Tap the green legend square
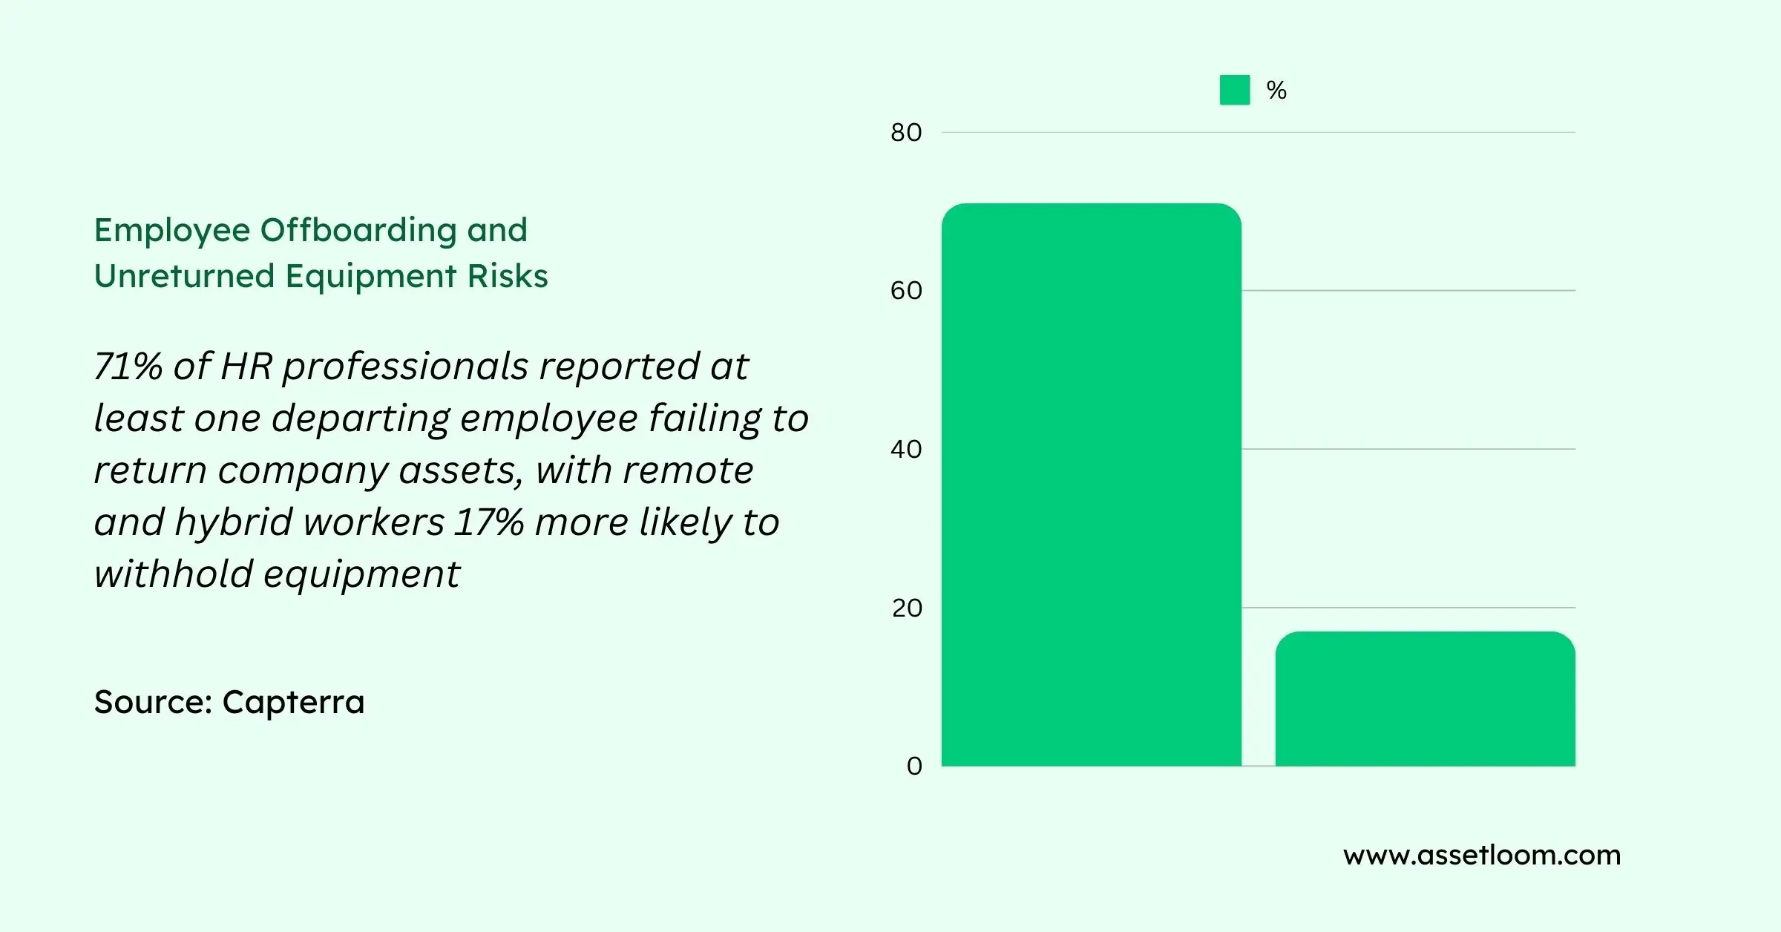(1234, 90)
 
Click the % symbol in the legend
(1276, 91)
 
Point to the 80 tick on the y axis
(906, 133)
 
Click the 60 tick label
(906, 291)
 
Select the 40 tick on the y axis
(906, 450)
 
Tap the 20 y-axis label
(907, 608)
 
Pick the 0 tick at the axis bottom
(914, 767)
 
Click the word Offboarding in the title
(358, 230)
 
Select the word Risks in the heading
(507, 276)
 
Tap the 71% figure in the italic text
(128, 367)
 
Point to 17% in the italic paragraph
(489, 522)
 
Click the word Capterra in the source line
(293, 702)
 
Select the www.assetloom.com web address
(1481, 856)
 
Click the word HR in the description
(246, 367)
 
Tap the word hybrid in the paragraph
(234, 522)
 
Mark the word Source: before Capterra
(154, 702)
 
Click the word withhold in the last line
(173, 574)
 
